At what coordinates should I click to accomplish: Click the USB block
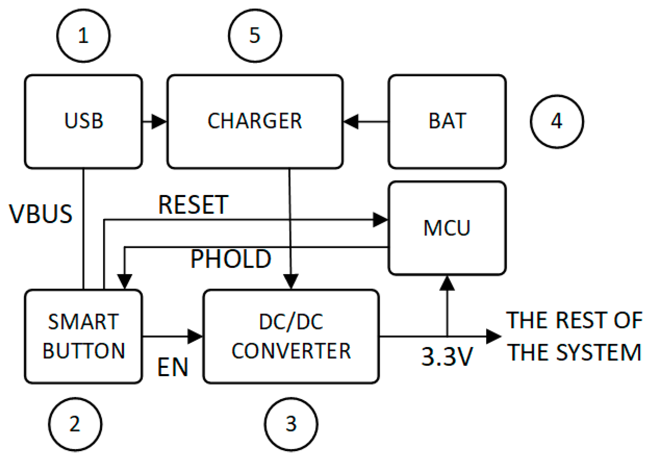83,122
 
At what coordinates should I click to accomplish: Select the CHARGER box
255,122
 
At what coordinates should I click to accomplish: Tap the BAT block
447,122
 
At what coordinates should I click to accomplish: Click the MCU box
447,228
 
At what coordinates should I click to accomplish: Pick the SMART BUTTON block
83,336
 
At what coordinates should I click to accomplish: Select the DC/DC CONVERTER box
291,336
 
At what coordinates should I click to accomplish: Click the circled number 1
83,36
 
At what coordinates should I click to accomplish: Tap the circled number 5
255,36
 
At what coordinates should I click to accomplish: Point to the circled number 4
557,122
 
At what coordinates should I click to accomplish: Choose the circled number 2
75,424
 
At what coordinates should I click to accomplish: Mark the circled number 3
291,424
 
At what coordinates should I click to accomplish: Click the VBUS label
41,214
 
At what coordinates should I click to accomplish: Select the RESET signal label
193,205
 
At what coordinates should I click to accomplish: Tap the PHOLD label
231,259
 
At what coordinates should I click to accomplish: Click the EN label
172,367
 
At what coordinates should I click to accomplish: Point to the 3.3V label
447,356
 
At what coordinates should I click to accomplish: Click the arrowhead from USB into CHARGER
159,122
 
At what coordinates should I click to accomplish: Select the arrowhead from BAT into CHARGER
351,122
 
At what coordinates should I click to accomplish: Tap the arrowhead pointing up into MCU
447,283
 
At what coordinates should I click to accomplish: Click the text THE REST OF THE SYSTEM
574,336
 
